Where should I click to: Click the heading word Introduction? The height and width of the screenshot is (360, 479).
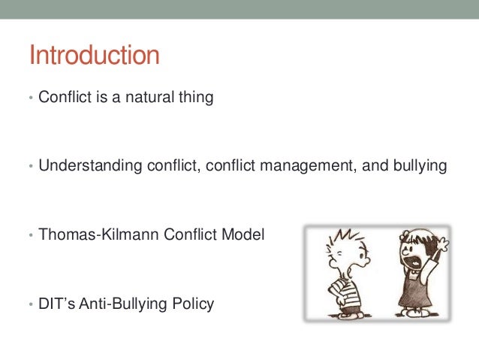click(x=94, y=56)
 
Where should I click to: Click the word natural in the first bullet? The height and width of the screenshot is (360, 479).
click(x=152, y=97)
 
